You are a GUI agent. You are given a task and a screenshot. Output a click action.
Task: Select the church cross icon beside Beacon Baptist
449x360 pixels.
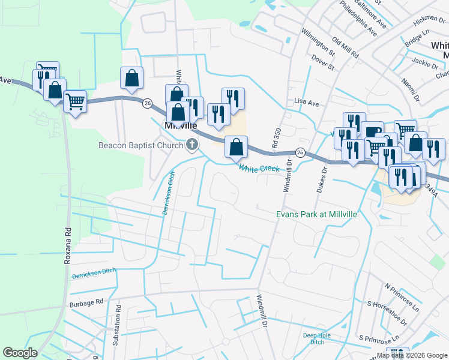pyautogui.click(x=192, y=144)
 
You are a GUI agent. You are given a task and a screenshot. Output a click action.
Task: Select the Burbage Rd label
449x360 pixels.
pyautogui.click(x=86, y=303)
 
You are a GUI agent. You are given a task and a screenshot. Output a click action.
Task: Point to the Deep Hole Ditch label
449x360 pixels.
pyautogui.click(x=317, y=338)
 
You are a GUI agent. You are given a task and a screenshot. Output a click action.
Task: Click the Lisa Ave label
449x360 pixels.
pyautogui.click(x=306, y=103)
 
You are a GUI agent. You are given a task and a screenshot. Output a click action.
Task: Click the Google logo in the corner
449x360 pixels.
pyautogui.click(x=20, y=353)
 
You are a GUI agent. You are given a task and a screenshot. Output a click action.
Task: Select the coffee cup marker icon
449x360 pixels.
pyautogui.click(x=372, y=132)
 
